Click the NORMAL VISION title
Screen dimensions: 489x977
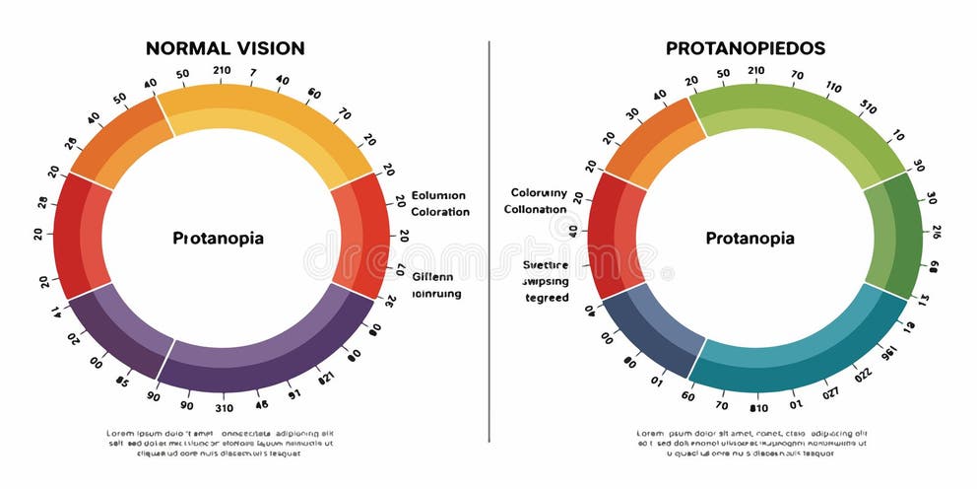[x=225, y=48]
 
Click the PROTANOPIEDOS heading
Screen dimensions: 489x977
[x=746, y=48]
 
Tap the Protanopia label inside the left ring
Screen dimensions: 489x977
[x=218, y=239]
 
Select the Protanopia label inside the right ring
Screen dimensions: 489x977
[x=749, y=239]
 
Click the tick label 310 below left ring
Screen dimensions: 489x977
[x=224, y=407]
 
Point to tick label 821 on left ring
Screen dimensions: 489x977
[x=327, y=378]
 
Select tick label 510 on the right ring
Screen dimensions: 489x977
[x=868, y=106]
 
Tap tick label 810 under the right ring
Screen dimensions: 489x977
[x=758, y=407]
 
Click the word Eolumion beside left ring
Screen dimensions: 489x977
[x=438, y=195]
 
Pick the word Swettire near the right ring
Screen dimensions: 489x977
[x=546, y=265]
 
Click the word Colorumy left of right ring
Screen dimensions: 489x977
[x=539, y=193]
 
